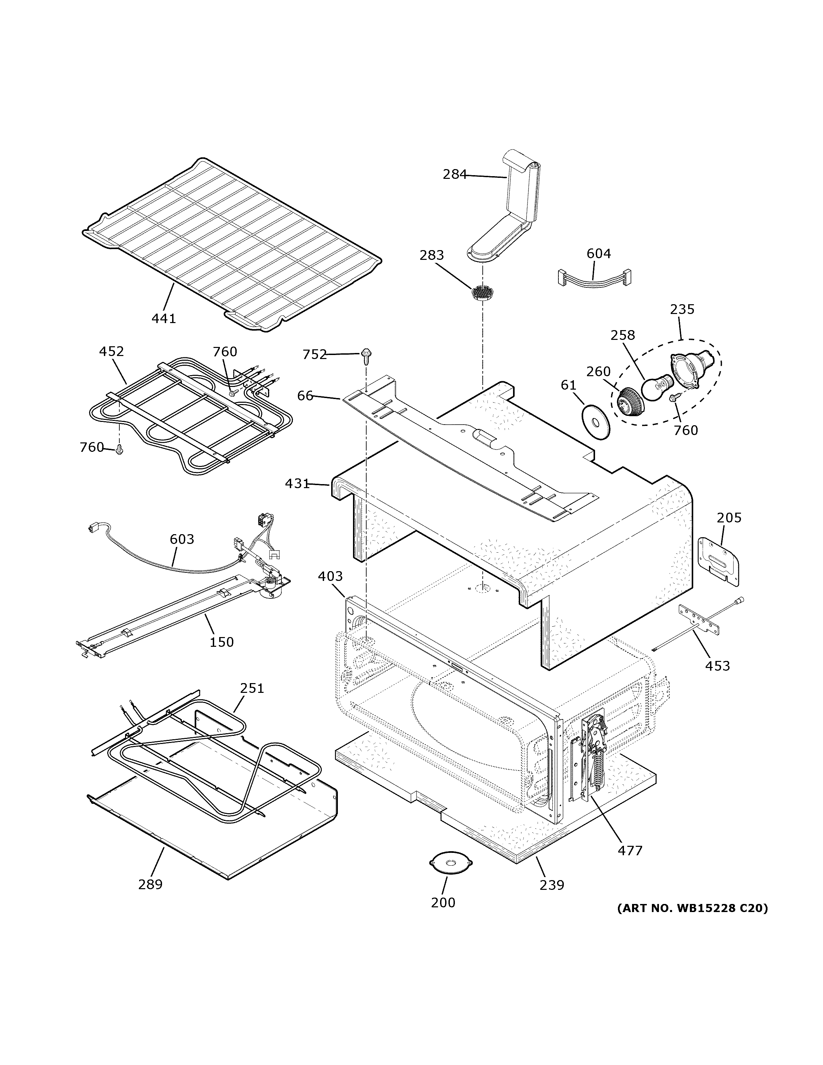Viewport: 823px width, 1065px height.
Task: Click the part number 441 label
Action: [x=163, y=319]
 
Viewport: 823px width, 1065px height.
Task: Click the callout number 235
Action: [x=682, y=309]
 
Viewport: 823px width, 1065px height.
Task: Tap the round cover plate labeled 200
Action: [x=450, y=863]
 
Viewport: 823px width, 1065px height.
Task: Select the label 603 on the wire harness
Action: [x=182, y=539]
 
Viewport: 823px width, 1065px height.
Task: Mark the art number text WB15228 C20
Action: [x=692, y=908]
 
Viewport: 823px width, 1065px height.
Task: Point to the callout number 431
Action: [x=297, y=484]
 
